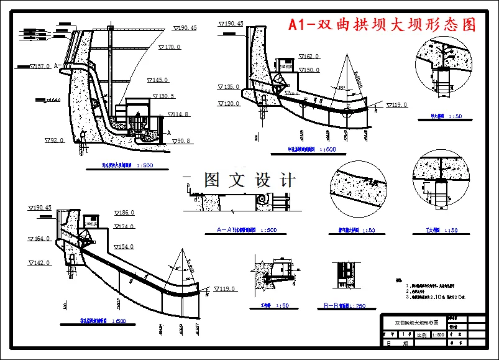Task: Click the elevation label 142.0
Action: pos(40,263)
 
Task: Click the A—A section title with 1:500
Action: pos(246,230)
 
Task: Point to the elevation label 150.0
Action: pos(309,70)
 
